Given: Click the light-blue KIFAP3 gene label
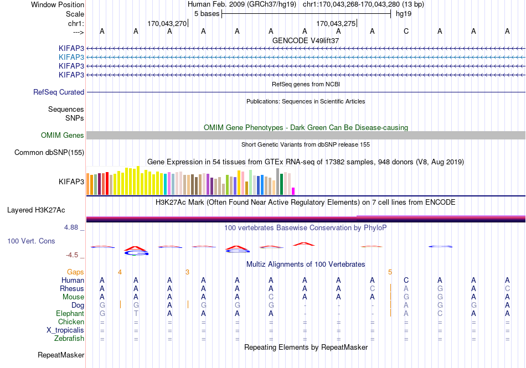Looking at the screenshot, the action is pos(71,58).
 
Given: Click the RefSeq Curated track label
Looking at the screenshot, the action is pos(59,92).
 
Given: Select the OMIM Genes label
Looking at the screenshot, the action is pos(63,135).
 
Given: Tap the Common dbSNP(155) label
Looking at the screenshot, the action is pos(49,153).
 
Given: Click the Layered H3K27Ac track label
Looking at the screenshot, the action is pos(36,210).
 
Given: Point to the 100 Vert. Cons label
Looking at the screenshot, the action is pos(31,241).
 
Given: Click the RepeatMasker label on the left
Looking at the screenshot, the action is pos(61,355).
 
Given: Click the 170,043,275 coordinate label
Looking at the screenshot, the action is pos(336,23).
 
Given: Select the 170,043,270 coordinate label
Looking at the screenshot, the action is pos(167,23).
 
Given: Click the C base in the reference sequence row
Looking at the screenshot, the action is pos(406,31).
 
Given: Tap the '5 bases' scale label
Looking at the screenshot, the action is pos(207,14).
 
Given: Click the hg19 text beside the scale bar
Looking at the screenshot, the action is pos(404,14).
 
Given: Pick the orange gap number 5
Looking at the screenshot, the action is pos(390,272).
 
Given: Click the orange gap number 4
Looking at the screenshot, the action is pos(120,272).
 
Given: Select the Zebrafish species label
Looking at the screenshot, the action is pos(69,339).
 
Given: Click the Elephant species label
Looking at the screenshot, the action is pos(70,313).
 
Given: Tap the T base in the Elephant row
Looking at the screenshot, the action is pos(136,313).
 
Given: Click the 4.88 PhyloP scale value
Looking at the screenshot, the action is pos(71,227).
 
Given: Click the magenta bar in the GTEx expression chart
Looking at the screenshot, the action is pos(293,191).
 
